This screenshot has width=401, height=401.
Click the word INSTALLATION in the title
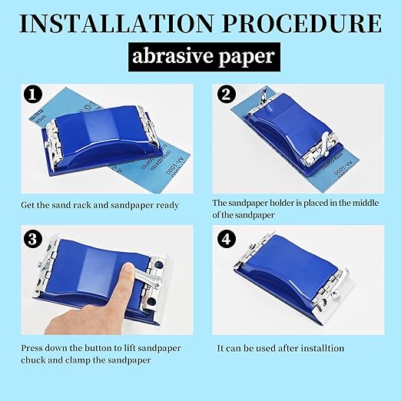tap(117, 24)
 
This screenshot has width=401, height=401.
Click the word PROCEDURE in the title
tap(302, 24)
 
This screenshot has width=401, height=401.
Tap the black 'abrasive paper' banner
tap(204, 57)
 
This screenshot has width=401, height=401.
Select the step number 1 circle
tap(33, 94)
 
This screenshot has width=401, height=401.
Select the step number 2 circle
tap(227, 94)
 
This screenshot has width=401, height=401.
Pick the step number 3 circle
tap(33, 240)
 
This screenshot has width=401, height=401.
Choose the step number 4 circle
tap(227, 240)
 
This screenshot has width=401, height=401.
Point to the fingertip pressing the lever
tap(128, 270)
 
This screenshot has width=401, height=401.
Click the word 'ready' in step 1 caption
tap(167, 205)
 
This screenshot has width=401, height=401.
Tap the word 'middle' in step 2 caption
tap(366, 203)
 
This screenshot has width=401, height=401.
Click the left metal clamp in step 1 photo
tap(54, 144)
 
